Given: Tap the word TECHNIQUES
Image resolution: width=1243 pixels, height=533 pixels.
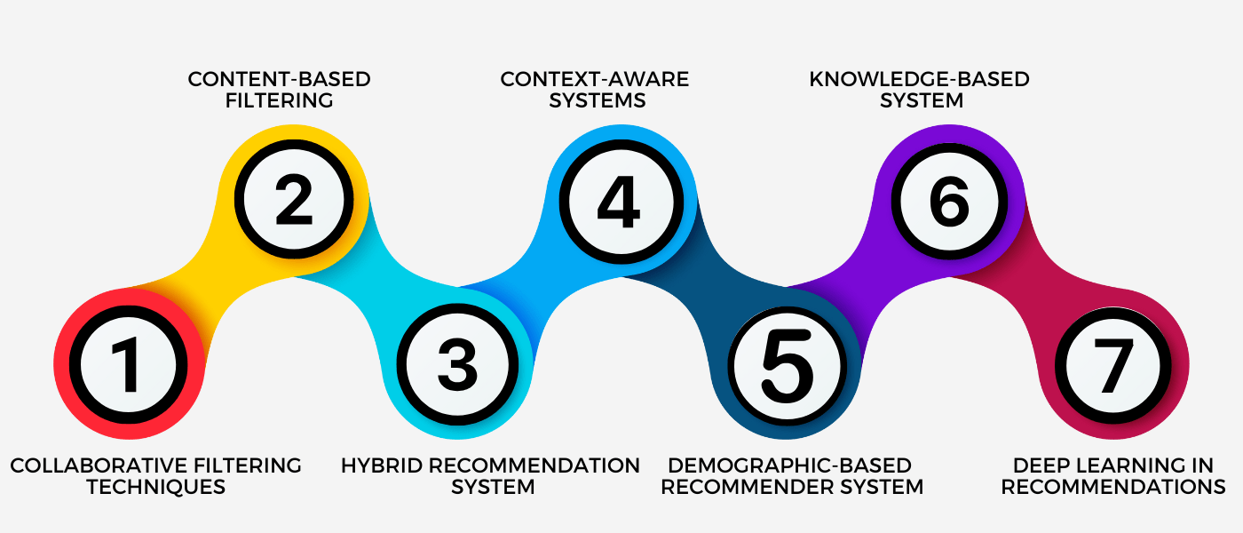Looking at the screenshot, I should (x=155, y=487).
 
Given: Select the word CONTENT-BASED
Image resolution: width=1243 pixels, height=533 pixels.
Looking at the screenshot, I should (x=279, y=79).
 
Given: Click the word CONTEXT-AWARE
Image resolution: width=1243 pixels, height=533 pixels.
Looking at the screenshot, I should (x=594, y=79).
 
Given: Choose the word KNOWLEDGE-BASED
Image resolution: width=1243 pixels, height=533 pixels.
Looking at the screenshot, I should (x=919, y=79).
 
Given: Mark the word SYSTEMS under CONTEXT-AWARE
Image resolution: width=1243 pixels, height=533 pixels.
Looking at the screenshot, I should (x=597, y=100).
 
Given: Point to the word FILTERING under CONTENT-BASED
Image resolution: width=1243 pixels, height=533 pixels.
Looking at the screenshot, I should (x=279, y=100).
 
